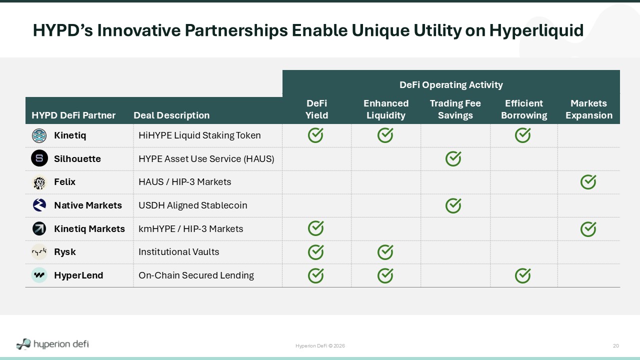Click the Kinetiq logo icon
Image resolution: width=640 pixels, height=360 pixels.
(39, 135)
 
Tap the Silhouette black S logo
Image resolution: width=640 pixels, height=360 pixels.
(39, 158)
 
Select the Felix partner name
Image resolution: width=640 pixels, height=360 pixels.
(65, 182)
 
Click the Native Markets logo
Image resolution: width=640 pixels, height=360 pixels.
(39, 205)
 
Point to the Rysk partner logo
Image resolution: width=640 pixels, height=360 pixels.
(39, 252)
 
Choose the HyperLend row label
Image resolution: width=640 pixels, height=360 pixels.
(78, 275)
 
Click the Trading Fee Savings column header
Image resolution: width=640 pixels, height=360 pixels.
(455, 109)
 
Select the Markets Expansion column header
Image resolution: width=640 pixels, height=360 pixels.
(589, 109)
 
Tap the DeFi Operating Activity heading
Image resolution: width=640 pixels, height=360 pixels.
(451, 85)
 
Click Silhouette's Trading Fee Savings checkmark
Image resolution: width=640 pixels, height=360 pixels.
(453, 159)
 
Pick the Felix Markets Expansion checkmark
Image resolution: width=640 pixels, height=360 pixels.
(588, 182)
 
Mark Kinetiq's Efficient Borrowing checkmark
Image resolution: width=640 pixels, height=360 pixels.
(523, 135)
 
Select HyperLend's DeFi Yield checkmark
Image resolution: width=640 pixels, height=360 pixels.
(315, 275)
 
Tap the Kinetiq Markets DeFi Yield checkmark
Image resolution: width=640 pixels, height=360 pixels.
(315, 228)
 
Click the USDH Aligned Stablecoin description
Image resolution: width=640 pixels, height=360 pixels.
(193, 205)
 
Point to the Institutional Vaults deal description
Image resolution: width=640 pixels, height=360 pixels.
(179, 252)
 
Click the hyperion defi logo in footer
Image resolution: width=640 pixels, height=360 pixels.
(52, 344)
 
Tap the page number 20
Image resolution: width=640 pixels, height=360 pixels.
(615, 345)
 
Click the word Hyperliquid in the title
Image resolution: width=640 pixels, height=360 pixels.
(536, 30)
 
